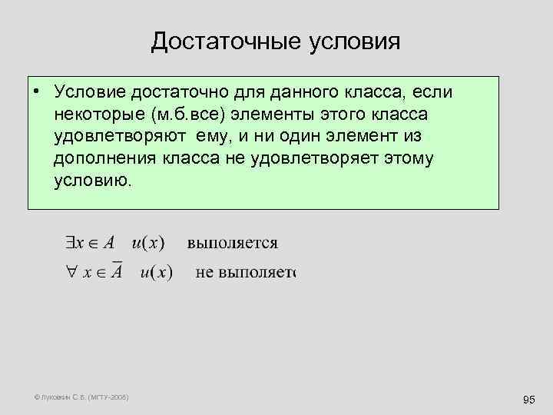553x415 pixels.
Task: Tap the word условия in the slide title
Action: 356,41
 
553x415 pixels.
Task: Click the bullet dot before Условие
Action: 36,92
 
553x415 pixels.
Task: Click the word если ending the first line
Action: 432,92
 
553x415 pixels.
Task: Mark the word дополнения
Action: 104,159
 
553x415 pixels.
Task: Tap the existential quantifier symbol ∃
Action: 71,243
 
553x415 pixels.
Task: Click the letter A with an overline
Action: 115,271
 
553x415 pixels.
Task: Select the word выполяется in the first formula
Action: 232,244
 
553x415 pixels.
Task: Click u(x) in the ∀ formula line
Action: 156,273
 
